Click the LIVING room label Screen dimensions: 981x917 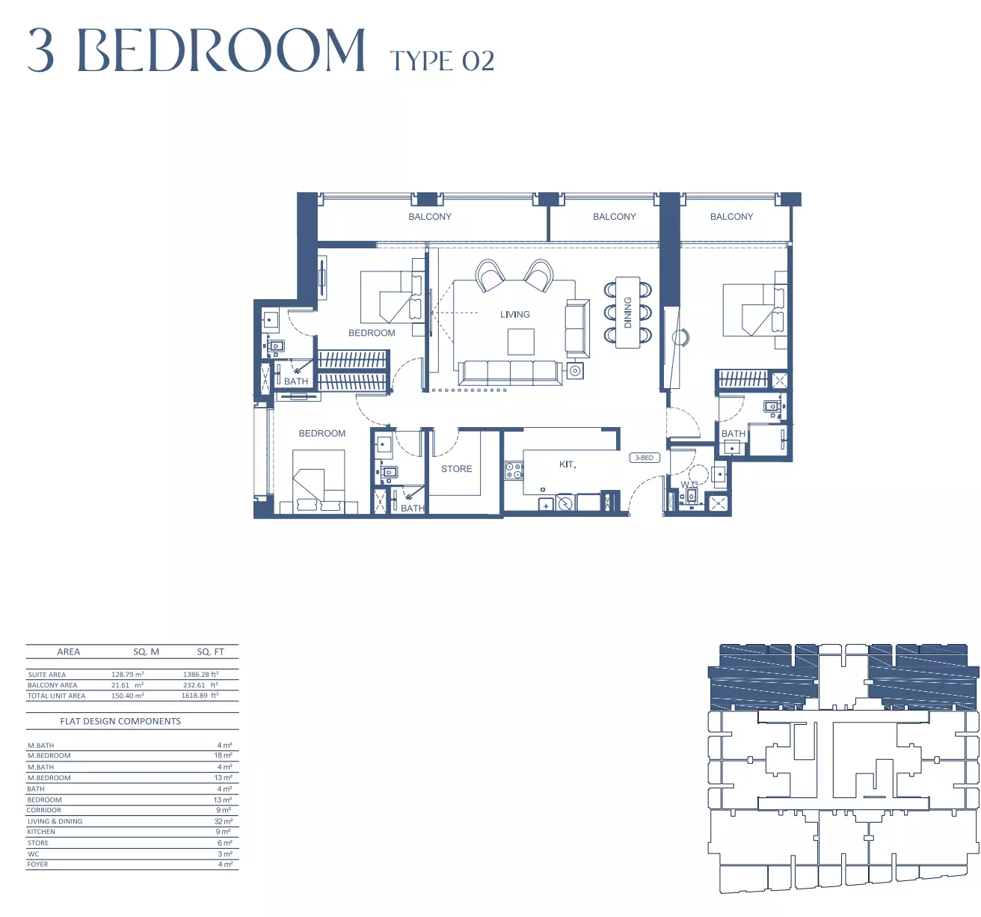(514, 314)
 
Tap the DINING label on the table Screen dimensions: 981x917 (628, 313)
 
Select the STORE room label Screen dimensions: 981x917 (456, 469)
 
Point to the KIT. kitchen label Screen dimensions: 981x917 (568, 464)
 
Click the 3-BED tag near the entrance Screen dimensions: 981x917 (644, 458)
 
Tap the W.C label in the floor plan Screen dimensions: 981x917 (689, 485)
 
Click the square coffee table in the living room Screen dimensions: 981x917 (521, 342)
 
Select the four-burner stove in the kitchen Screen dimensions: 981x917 (514, 470)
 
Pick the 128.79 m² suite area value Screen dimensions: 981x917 (127, 674)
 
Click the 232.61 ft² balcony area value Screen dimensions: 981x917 (200, 685)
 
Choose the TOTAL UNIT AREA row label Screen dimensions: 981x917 (56, 696)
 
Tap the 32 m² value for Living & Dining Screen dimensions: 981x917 (224, 821)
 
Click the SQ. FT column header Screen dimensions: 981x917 (210, 651)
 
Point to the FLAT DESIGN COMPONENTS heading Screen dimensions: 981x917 (120, 721)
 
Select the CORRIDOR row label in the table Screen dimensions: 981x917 (44, 810)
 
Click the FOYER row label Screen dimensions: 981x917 (37, 864)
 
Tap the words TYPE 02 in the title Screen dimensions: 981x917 (442, 61)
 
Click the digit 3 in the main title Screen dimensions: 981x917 (41, 50)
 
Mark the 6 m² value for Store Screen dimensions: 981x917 (225, 843)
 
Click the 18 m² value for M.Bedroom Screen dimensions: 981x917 (224, 755)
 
